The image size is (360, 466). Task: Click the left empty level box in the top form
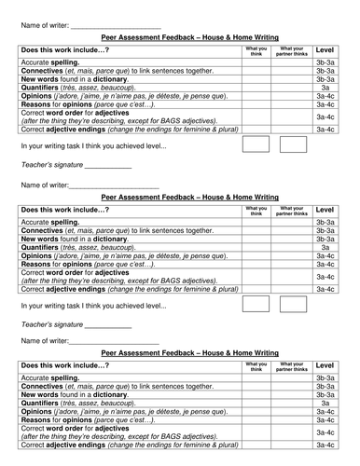click(x=255, y=144)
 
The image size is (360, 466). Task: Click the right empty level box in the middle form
click(x=293, y=304)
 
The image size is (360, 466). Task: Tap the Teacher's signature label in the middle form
click(x=50, y=325)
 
